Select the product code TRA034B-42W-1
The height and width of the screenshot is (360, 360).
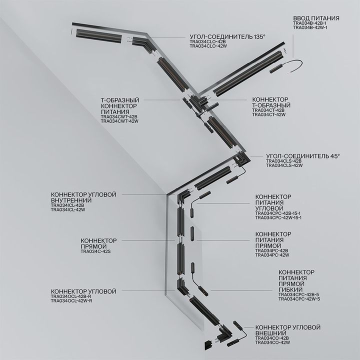[309, 28]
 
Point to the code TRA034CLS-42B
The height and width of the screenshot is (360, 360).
[284, 161]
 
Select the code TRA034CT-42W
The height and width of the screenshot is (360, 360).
[269, 115]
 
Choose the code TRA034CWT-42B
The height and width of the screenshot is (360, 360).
[119, 116]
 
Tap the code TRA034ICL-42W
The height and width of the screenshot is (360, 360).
[68, 210]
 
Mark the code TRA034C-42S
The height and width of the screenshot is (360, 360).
[95, 251]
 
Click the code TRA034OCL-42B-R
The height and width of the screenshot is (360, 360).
[71, 296]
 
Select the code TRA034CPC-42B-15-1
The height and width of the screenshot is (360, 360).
[278, 213]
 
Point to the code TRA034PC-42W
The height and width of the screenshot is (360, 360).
[272, 255]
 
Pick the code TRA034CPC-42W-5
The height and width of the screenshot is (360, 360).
[299, 299]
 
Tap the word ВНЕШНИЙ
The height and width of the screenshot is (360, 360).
[270, 333]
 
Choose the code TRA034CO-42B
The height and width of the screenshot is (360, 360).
[272, 338]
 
